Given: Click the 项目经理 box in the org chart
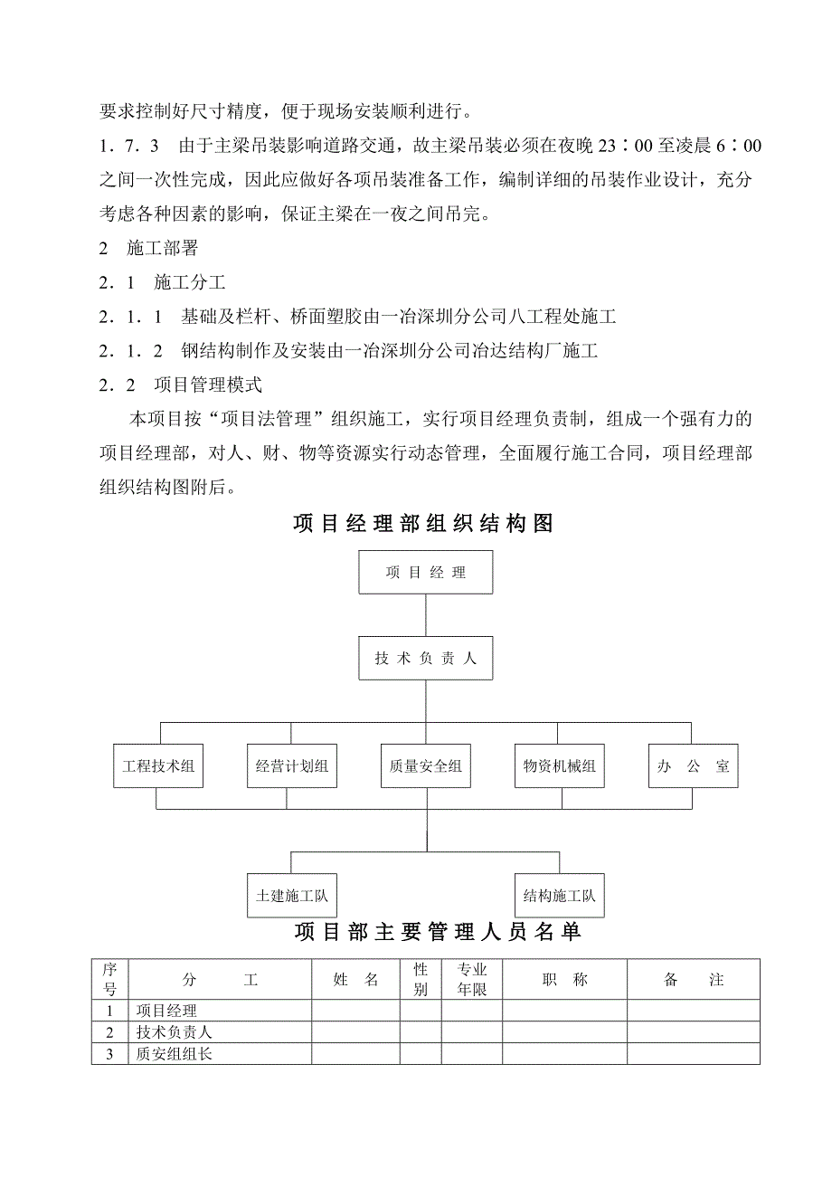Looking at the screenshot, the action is coord(426,573).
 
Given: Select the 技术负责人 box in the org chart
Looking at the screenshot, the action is coord(426,659).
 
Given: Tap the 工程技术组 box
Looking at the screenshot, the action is coord(158,766).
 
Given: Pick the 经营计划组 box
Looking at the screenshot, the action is coord(292,766).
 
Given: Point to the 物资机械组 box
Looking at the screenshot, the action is coord(560,766).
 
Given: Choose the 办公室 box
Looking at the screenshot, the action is coord(694,766).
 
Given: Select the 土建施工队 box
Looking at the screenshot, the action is coord(292,896).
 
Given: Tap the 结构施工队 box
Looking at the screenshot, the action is coord(560,896).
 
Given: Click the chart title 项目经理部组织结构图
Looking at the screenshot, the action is coord(423,524).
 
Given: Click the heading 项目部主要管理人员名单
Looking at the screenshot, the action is coord(438,933).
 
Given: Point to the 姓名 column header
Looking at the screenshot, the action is coord(356,980).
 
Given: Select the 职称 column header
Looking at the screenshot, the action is coord(565,980).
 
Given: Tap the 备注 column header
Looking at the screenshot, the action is coord(694,980).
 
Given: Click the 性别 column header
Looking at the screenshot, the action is coord(421,980).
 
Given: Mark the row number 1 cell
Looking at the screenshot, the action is coord(110,1012).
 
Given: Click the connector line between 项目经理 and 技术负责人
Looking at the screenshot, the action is coord(426,616).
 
